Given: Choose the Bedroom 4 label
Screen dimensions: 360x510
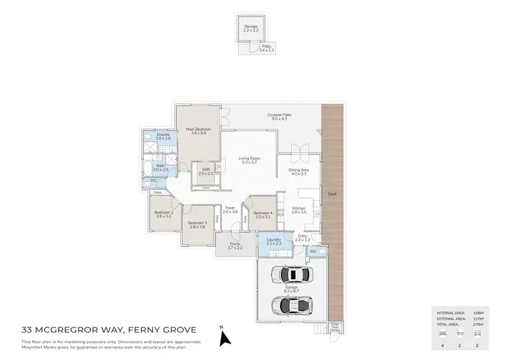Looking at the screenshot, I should click(262, 214).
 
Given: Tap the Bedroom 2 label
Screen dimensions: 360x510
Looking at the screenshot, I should click(163, 214).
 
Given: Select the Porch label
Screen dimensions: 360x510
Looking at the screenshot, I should click(234, 245).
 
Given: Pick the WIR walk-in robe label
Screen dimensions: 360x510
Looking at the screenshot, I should click(205, 172).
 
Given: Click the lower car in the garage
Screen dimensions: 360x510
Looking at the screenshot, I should click(292, 304).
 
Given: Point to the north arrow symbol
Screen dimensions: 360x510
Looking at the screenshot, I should click(228, 336).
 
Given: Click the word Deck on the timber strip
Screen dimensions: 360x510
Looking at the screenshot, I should click(333, 194).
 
